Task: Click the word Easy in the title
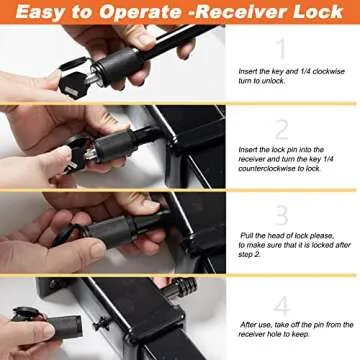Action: [41, 14]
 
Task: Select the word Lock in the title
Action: [318, 14]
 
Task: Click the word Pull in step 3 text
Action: [250, 235]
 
